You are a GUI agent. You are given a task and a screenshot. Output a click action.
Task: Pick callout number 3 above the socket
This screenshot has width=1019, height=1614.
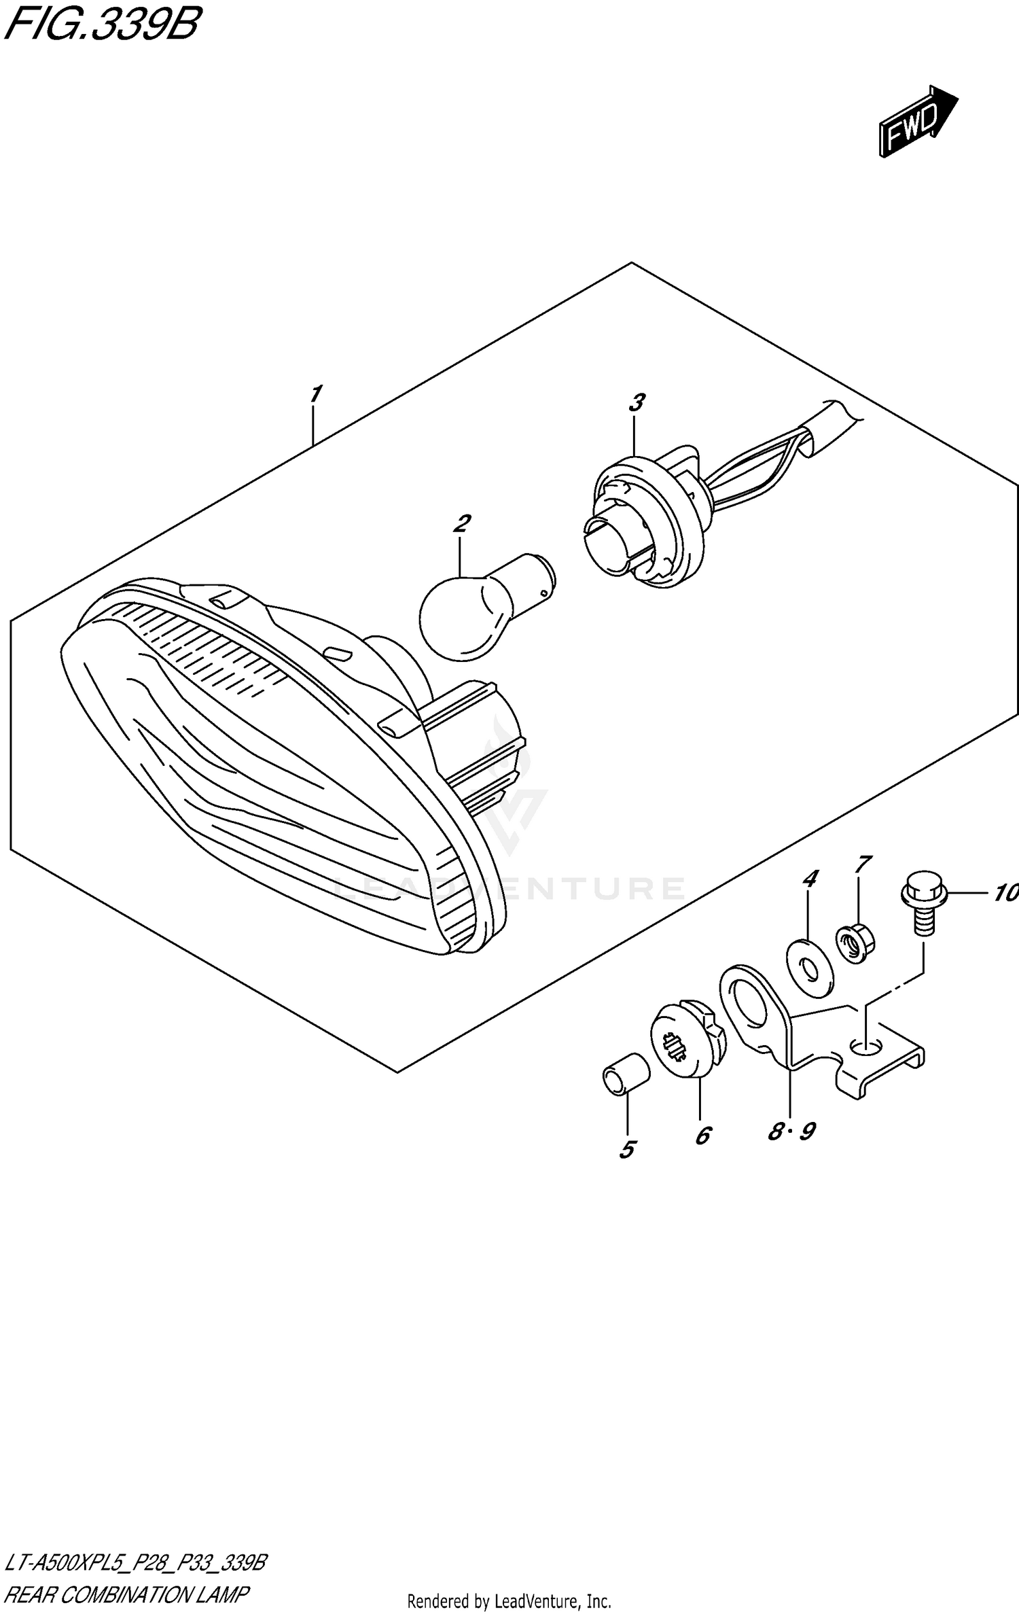coord(636,403)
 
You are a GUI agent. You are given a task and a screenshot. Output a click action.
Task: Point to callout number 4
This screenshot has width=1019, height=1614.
coord(809,879)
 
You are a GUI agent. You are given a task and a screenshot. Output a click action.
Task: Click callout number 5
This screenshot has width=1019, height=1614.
coord(626,1149)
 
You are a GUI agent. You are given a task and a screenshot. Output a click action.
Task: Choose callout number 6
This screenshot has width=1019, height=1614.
coord(702,1136)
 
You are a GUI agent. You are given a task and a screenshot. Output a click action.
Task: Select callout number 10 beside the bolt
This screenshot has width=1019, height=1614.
coord(1004,893)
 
